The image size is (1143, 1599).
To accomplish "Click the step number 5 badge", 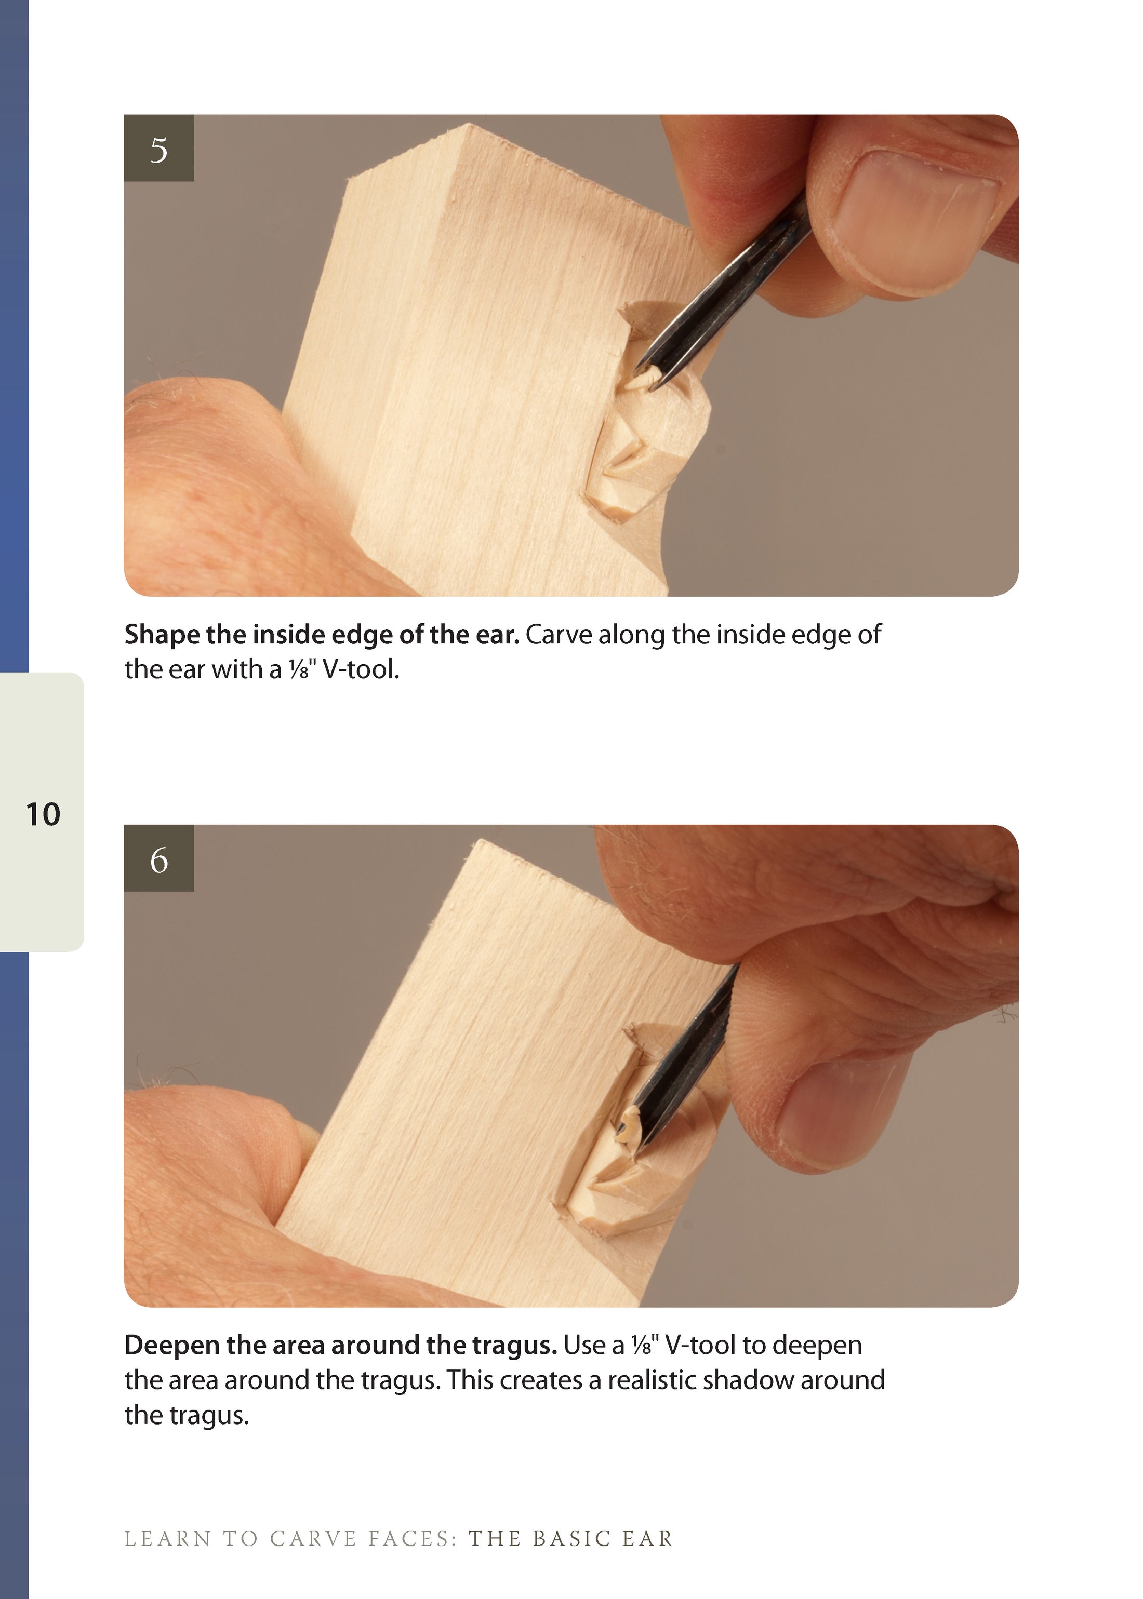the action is (x=158, y=149).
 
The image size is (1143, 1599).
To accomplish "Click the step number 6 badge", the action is (x=158, y=859).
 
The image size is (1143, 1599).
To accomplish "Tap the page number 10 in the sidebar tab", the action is (x=43, y=815).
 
